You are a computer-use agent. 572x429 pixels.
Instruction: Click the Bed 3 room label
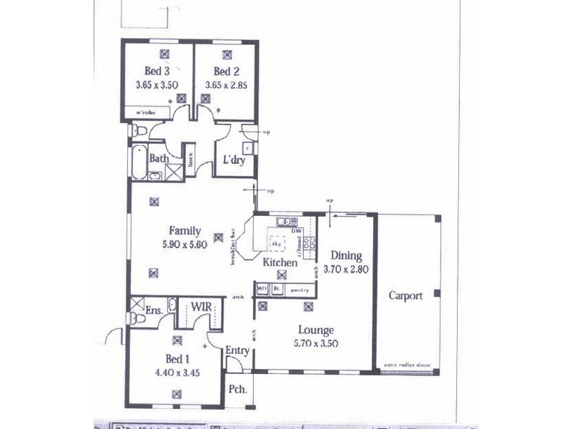click(x=157, y=71)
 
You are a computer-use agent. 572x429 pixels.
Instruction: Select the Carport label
click(x=405, y=295)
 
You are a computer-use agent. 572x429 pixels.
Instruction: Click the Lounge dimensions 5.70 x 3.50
click(x=315, y=343)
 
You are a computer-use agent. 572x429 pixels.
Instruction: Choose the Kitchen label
click(x=280, y=263)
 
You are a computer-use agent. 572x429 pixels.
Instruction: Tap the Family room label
click(x=184, y=231)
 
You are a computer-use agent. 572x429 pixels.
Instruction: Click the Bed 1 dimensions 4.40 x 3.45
click(x=177, y=373)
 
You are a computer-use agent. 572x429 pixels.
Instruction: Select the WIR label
click(x=199, y=307)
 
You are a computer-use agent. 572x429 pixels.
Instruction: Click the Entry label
click(x=237, y=350)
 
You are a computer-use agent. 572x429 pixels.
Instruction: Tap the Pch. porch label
click(x=237, y=390)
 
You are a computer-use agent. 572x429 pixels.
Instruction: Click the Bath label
click(x=159, y=158)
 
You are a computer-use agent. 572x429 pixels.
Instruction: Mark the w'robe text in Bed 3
click(x=156, y=112)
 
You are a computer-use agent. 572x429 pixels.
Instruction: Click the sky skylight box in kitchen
click(x=276, y=245)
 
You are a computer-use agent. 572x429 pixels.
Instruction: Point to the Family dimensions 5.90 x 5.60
click(x=184, y=244)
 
